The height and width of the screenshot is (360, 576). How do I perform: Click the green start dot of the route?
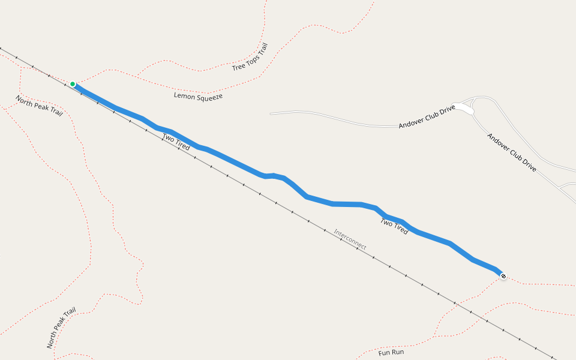coord(72,84)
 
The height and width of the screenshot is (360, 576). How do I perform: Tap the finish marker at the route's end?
coord(503,276)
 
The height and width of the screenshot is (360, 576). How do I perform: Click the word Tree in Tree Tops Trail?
coord(239,66)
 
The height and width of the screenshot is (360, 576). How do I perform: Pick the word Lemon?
coord(185,95)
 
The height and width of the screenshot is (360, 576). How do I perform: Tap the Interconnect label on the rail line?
coord(350,239)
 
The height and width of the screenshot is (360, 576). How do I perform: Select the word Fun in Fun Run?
coord(384,352)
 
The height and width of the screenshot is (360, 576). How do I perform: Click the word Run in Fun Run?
coord(397,352)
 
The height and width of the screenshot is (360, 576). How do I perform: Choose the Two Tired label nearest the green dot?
coord(176,142)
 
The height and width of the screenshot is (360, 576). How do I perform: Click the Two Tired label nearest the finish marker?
coord(394,226)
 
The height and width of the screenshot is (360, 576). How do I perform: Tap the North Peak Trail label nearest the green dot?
coord(39,106)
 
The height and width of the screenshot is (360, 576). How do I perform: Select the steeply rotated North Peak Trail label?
coord(62,328)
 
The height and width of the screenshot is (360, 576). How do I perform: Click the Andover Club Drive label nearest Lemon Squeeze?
coord(427,118)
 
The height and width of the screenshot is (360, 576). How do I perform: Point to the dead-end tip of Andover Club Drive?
coord(271,113)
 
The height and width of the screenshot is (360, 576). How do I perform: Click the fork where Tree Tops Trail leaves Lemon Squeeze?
coord(137,76)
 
